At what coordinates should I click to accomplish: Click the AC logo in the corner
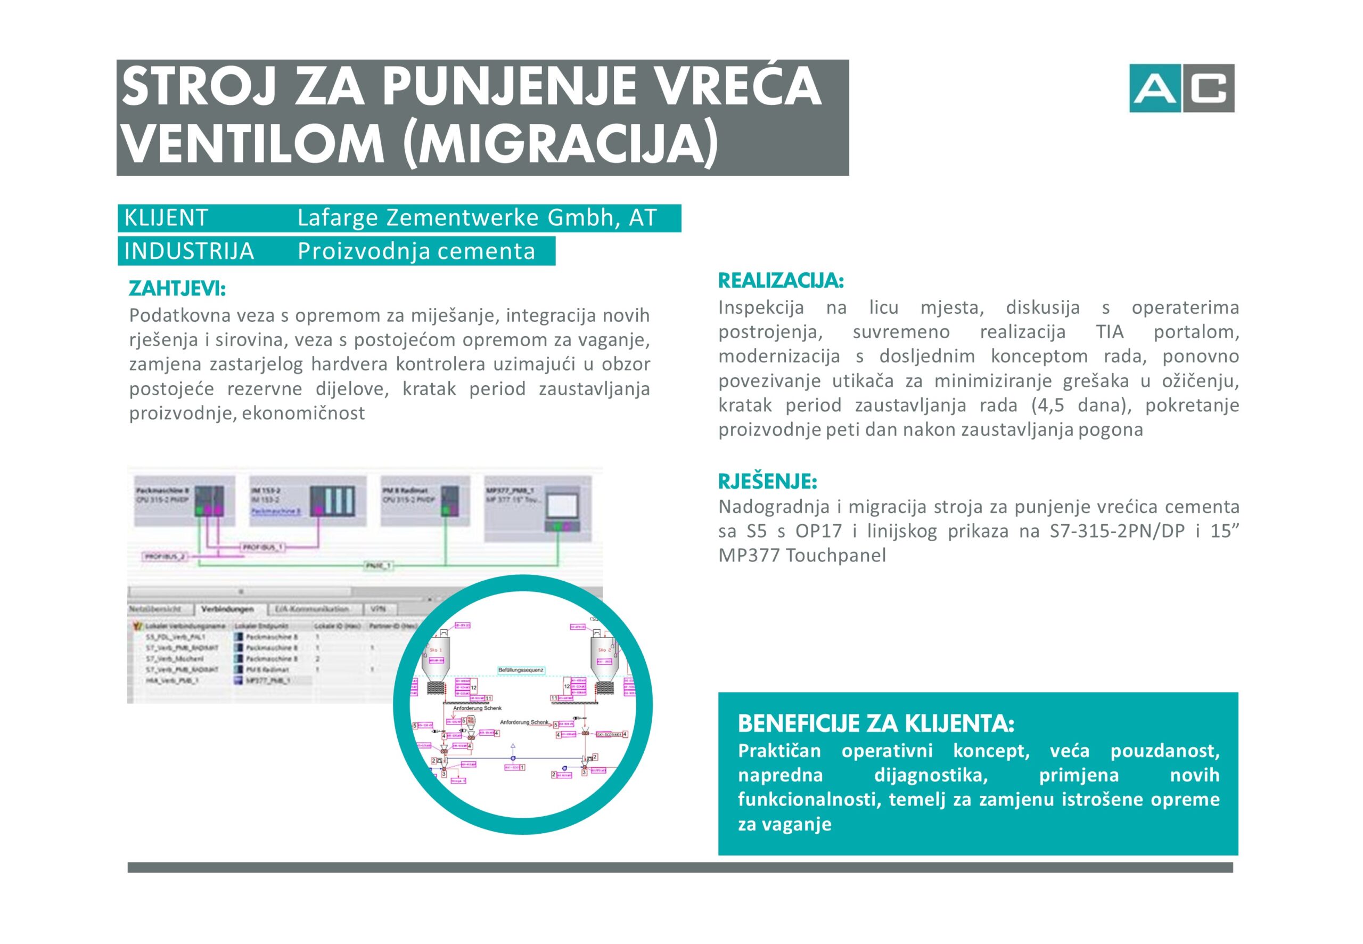(x=1181, y=88)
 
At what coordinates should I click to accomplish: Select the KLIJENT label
(x=166, y=218)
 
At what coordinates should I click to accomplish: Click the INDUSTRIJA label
(x=189, y=251)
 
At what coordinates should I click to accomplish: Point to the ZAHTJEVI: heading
(x=177, y=289)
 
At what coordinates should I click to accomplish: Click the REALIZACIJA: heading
(x=781, y=280)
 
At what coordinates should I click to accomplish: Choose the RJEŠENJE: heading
(x=767, y=482)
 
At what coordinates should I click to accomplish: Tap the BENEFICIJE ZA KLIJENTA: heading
(x=876, y=723)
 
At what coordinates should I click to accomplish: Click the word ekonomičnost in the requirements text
(x=303, y=413)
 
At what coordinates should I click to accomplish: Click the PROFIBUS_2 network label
(x=165, y=557)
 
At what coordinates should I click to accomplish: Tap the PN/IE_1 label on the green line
(x=377, y=566)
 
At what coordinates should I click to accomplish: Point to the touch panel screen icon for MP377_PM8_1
(x=562, y=506)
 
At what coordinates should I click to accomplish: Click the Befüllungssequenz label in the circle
(x=520, y=670)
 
